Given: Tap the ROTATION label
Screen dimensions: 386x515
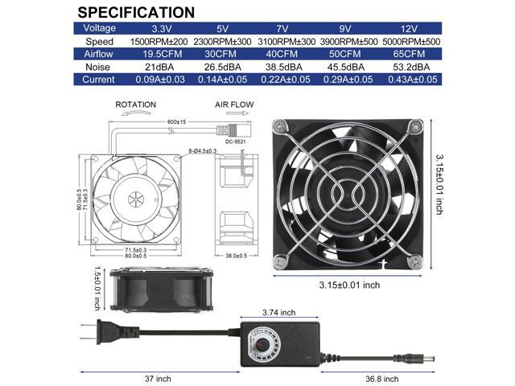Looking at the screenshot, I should click(x=135, y=105).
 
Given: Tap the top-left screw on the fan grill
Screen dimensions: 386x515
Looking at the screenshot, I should click(x=280, y=126).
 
